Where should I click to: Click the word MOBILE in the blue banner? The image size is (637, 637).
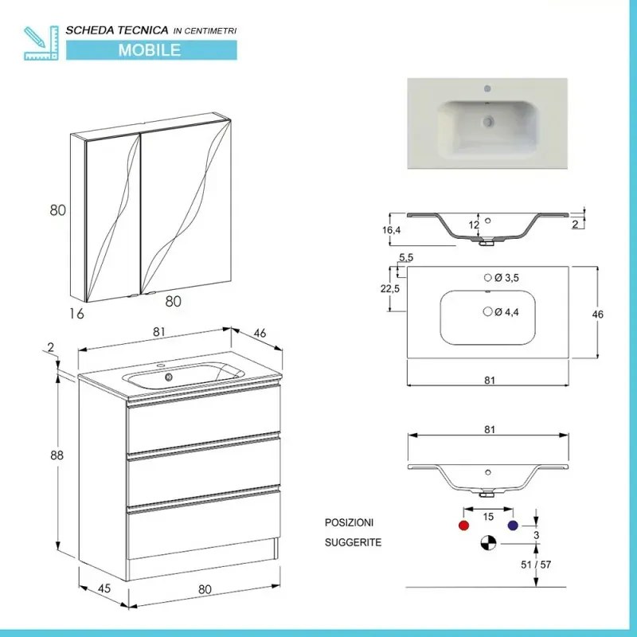[150, 50]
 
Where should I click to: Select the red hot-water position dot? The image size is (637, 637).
[463, 526]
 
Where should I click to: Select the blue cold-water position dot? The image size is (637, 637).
[512, 526]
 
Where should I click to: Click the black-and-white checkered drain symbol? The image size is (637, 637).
[487, 544]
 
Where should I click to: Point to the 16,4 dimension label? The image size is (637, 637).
[391, 229]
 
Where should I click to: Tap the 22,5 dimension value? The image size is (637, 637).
[390, 288]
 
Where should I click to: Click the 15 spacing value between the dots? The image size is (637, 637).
[488, 517]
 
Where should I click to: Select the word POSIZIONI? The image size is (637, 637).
[349, 522]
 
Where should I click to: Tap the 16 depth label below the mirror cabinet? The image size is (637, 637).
[76, 313]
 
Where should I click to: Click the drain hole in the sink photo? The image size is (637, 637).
[487, 122]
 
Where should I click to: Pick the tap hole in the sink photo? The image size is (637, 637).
[487, 89]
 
